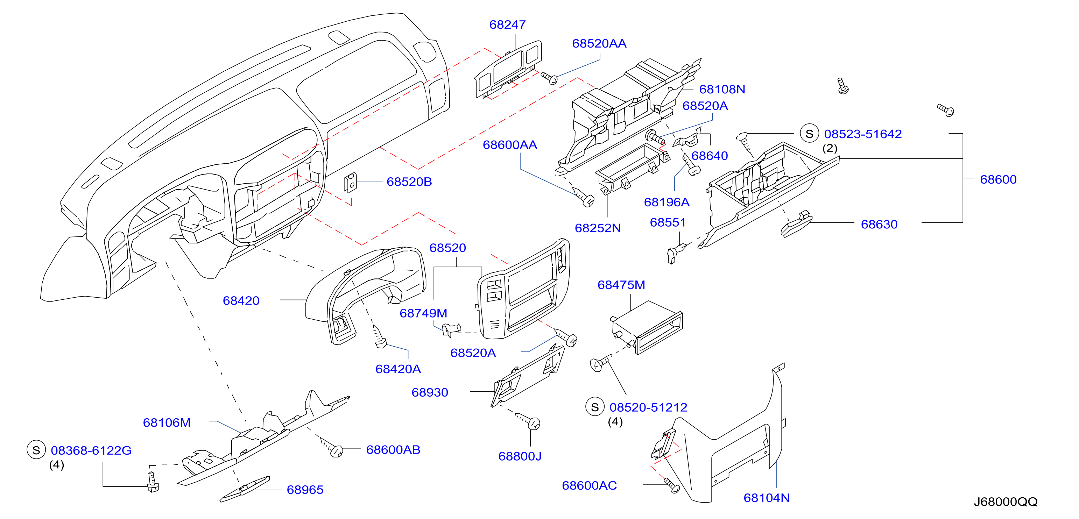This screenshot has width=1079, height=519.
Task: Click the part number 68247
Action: coord(507,25)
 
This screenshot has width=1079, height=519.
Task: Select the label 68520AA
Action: coord(599,43)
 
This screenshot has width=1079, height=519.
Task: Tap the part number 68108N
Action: coord(722,89)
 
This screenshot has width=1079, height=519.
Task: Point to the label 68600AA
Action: coord(510,145)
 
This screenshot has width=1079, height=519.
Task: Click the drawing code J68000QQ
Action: coord(1005,502)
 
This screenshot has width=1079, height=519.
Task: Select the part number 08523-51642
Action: coord(863,134)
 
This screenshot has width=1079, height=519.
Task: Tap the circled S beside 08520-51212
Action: coord(595,407)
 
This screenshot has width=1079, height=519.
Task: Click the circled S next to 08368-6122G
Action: coord(36,450)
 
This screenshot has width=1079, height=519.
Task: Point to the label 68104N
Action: coord(767,498)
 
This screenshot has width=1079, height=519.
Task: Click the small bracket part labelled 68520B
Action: coord(350,183)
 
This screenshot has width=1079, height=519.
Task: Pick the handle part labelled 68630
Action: coord(796,224)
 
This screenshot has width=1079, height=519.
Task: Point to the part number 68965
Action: coord(305,490)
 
